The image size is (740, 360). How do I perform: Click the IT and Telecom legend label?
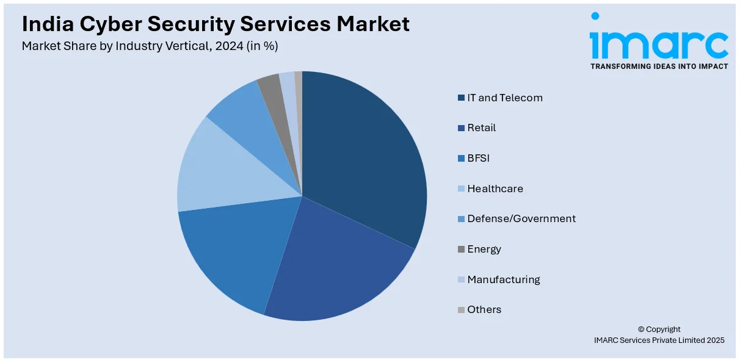504,98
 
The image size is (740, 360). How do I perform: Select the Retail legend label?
481,128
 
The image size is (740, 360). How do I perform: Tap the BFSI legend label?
478,158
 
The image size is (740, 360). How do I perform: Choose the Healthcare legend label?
495,189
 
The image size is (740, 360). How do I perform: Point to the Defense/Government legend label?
521,218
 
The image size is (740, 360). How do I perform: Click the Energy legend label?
484,249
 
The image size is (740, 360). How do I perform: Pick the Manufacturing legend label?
503,279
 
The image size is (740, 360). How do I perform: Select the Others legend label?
484,309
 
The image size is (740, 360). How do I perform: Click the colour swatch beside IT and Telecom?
461,98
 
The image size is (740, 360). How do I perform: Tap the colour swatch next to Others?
461,310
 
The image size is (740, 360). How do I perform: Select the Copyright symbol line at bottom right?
659,329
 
